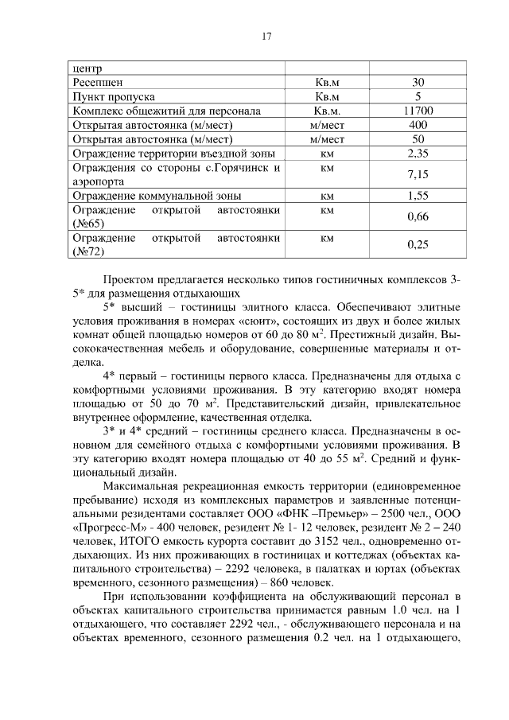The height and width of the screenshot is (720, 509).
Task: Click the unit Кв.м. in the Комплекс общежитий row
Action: coord(327,111)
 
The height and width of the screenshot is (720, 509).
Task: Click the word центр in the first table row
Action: coord(87,68)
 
